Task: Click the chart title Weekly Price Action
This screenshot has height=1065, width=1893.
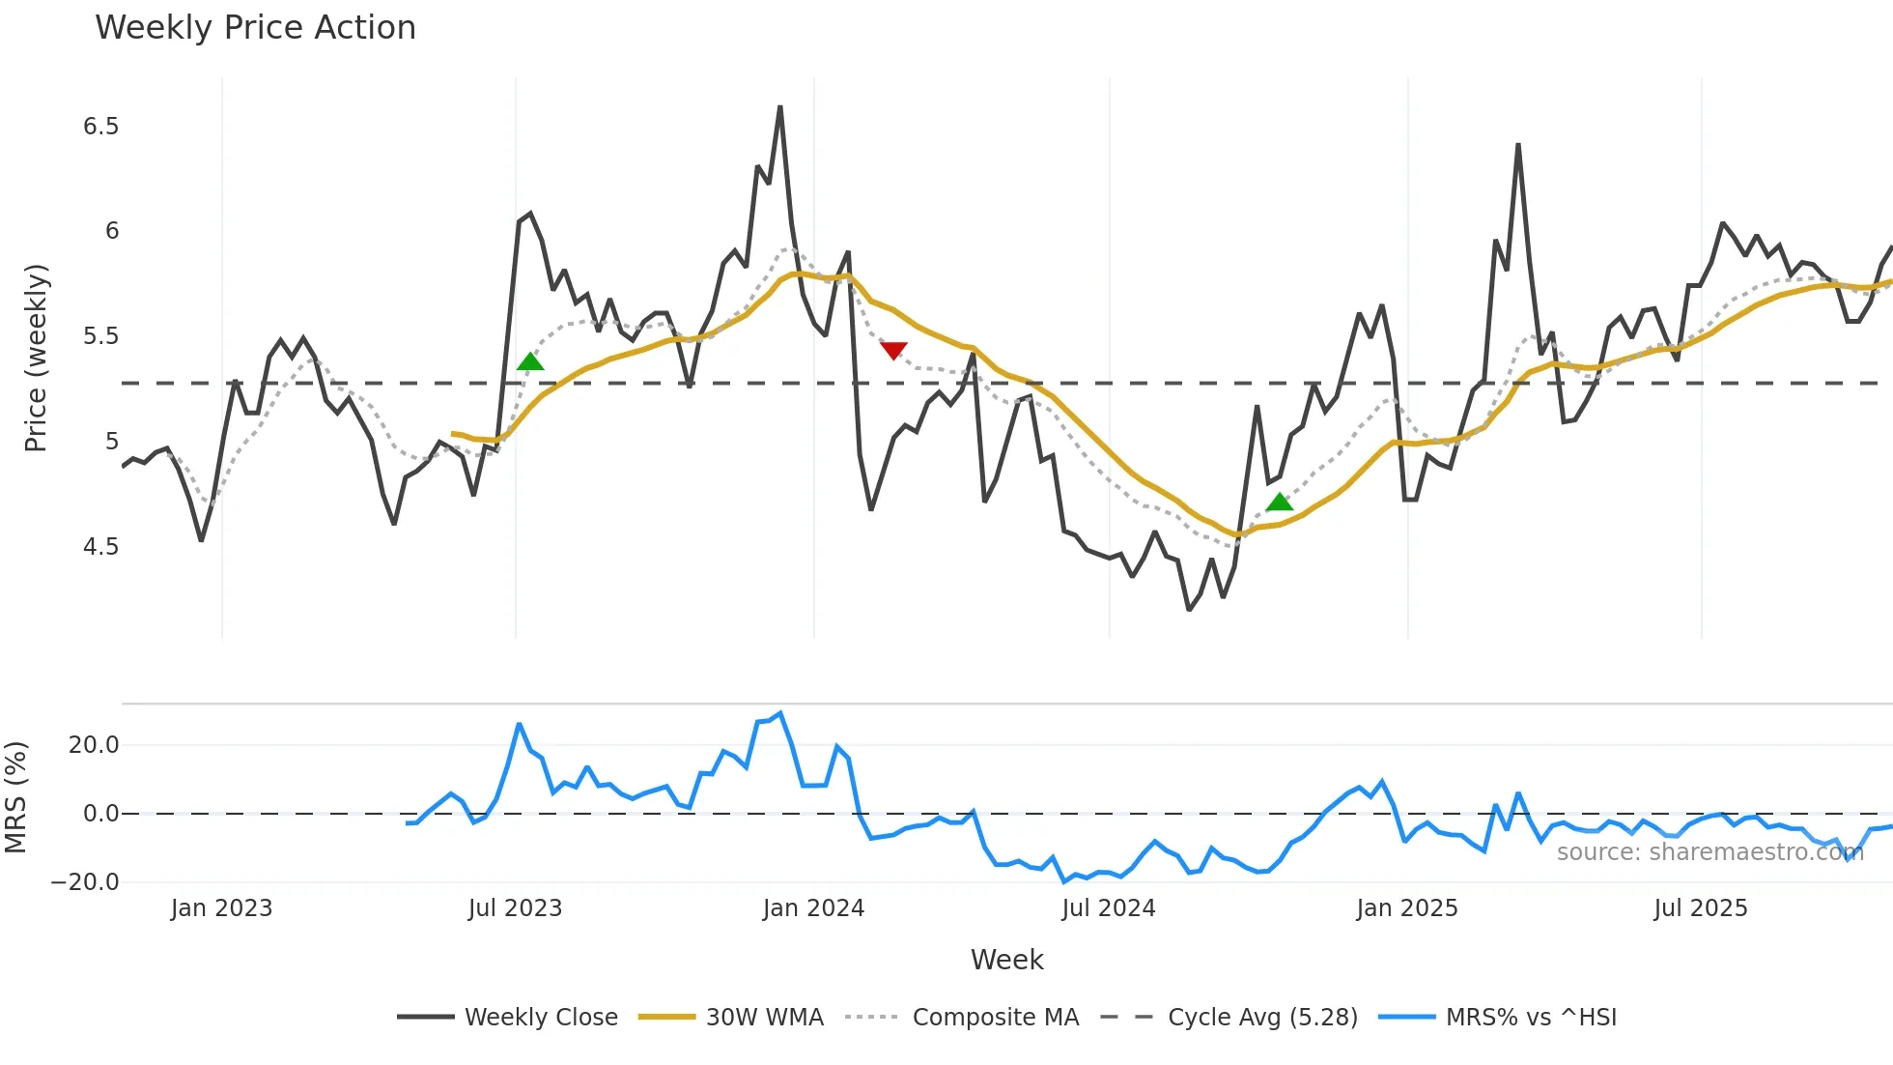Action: [255, 28]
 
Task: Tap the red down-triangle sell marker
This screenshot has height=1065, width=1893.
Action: [893, 351]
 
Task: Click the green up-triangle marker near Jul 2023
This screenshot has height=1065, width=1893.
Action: [530, 361]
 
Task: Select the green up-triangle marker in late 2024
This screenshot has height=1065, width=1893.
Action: [1280, 502]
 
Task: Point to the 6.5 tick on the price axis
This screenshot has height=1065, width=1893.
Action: [100, 127]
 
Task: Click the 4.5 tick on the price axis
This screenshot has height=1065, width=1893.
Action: [100, 547]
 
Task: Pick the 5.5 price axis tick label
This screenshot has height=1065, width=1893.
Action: [100, 336]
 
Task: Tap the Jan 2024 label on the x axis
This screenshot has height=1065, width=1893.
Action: [813, 908]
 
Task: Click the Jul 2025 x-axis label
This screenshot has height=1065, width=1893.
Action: [1700, 908]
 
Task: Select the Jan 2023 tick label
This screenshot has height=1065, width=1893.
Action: [221, 908]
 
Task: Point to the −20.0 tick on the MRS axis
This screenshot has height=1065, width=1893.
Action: [85, 882]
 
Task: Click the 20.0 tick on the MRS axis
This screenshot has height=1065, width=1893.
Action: [94, 745]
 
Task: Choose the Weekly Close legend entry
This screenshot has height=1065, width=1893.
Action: [541, 1018]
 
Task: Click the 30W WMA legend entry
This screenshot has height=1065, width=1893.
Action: [764, 1018]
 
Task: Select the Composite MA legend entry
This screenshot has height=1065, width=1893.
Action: [995, 1018]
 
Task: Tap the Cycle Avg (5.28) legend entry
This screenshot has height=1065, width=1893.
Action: [1262, 1018]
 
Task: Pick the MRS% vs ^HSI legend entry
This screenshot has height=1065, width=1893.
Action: [1531, 1018]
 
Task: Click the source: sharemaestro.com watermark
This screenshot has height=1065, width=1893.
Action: [1709, 852]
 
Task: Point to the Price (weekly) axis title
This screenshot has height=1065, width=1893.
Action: [36, 358]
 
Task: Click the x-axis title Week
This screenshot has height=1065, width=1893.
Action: [1006, 960]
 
